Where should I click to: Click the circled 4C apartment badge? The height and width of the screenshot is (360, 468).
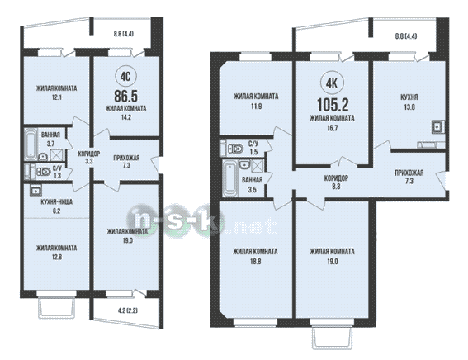click(x=125, y=77)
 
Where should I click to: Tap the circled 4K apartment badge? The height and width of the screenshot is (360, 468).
click(x=332, y=83)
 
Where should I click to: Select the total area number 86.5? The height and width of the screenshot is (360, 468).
click(x=125, y=96)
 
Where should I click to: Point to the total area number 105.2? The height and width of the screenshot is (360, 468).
click(x=333, y=105)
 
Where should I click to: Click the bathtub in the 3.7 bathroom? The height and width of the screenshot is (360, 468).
click(x=31, y=144)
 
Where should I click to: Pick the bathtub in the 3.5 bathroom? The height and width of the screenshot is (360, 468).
click(x=230, y=178)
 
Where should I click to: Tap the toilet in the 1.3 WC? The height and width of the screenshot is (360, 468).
click(x=43, y=172)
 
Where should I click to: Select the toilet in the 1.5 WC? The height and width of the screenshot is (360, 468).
click(x=235, y=149)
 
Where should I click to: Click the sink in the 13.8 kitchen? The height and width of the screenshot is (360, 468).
click(x=437, y=126)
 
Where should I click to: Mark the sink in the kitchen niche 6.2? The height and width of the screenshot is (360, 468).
click(x=36, y=190)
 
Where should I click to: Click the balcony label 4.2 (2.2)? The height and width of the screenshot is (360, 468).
click(x=128, y=310)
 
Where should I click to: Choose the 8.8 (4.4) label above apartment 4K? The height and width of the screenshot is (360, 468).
click(x=406, y=36)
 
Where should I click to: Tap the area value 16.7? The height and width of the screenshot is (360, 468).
click(x=332, y=128)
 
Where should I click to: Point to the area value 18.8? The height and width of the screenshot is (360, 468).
click(x=256, y=262)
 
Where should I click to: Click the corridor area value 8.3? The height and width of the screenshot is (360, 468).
click(x=336, y=187)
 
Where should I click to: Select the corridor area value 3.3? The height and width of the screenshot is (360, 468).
click(x=89, y=162)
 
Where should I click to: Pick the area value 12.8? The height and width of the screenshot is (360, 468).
click(x=57, y=257)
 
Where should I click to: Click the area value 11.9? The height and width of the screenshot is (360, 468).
click(x=256, y=106)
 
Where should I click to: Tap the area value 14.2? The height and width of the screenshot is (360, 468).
click(x=125, y=117)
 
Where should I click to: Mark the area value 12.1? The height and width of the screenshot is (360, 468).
click(x=56, y=97)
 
